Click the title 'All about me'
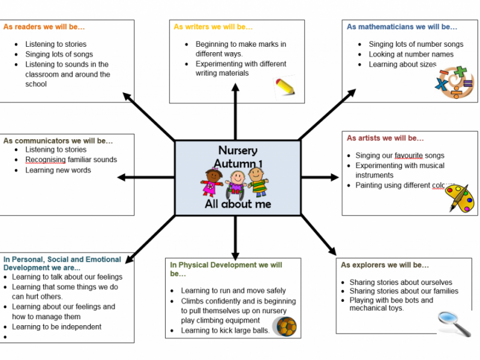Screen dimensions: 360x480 tap(238, 204)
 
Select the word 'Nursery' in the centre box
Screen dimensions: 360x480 tap(238, 151)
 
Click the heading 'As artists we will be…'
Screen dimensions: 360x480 tap(385, 138)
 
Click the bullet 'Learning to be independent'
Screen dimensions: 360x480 tap(56, 327)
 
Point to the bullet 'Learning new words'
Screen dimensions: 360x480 tap(58, 170)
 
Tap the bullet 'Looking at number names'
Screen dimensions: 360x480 tap(411, 55)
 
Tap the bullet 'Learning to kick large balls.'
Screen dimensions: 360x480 tap(225, 331)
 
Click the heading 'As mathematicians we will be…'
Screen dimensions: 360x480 tap(402, 27)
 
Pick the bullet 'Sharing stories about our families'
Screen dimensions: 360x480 tap(404, 292)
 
